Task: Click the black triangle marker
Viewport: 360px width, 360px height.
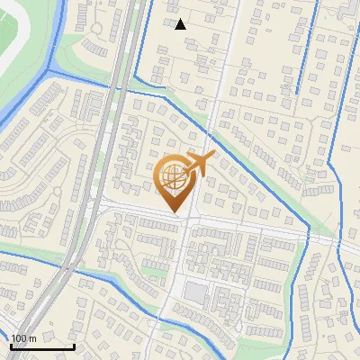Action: coord(180,24)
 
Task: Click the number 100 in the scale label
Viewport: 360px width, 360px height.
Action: coord(18,338)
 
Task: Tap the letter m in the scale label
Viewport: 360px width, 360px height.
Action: coord(32,338)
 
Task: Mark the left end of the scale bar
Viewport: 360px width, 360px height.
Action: coord(10,346)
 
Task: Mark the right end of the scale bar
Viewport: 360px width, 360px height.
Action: coord(74,346)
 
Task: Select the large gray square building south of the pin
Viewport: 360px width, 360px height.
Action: coord(195,292)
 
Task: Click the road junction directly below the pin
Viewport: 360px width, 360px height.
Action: coord(184,220)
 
